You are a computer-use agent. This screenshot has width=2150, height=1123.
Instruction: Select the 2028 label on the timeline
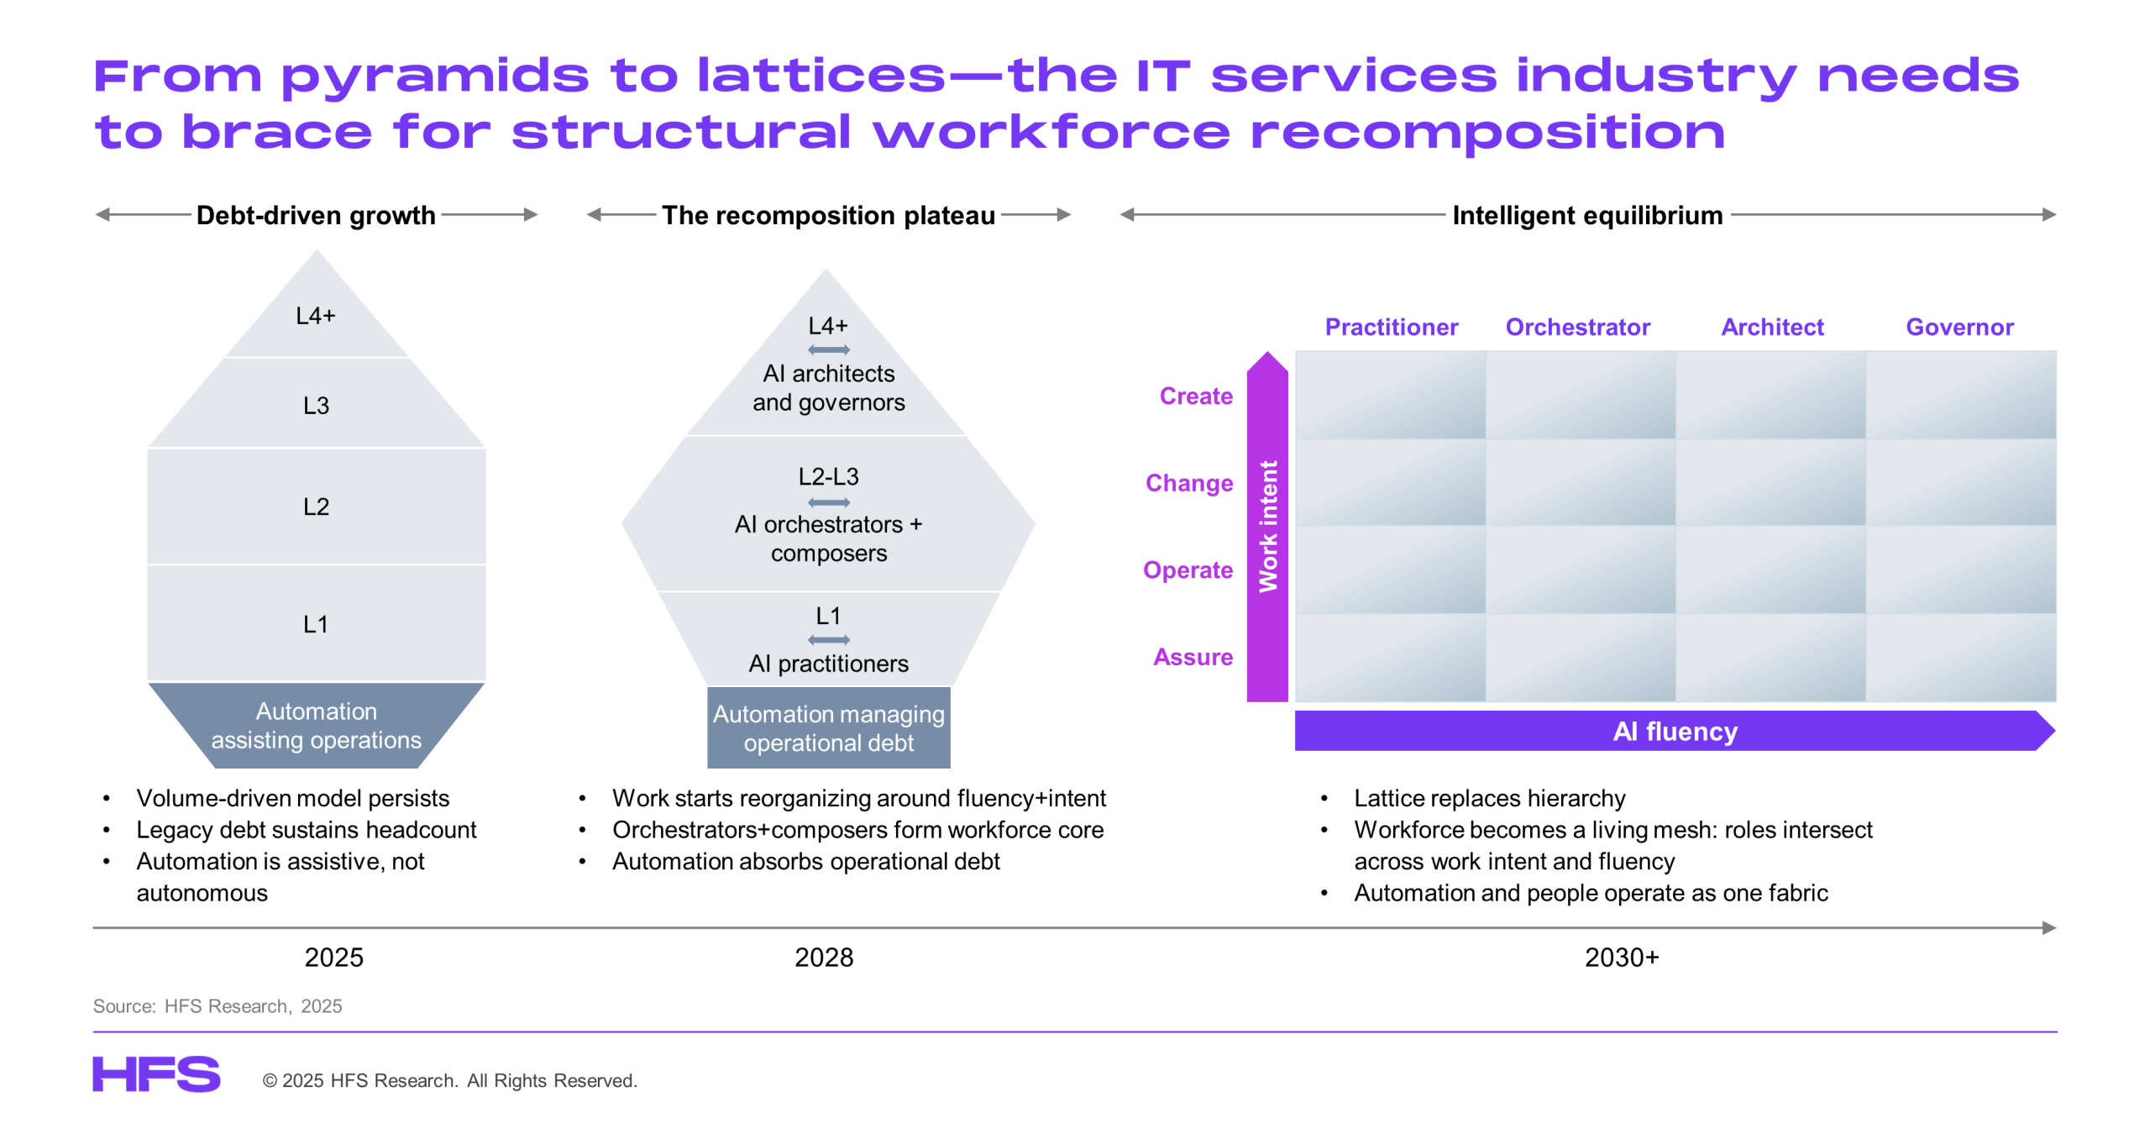[x=823, y=957]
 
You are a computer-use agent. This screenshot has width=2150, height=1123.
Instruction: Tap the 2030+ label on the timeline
[x=1621, y=957]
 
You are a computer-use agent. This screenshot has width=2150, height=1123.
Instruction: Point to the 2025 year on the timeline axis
[x=333, y=957]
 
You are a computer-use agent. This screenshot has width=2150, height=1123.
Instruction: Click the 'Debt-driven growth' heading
[x=316, y=215]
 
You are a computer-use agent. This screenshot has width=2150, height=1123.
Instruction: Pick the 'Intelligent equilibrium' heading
[x=1586, y=215]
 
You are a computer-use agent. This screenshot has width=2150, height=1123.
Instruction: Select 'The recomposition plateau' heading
[x=828, y=215]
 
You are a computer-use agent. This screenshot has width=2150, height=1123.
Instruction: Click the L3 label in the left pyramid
[x=316, y=406]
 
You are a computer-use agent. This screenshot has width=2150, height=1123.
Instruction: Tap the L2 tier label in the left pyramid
[x=316, y=506]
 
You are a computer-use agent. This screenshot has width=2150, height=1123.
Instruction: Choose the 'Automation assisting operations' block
[x=316, y=725]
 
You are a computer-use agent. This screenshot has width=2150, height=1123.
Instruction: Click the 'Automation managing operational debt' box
[x=828, y=727]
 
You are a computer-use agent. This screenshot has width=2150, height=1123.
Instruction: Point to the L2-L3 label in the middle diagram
[x=828, y=476]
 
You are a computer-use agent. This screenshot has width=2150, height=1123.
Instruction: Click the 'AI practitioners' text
[x=828, y=664]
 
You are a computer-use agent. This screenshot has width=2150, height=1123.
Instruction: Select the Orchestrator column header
[x=1577, y=327]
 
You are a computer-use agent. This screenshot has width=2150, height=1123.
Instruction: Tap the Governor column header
[x=1959, y=327]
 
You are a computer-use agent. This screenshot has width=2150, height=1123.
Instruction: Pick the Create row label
[x=1196, y=396]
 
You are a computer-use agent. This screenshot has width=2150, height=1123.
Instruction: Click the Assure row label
[x=1193, y=657]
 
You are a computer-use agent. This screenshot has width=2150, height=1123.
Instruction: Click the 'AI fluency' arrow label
[x=1675, y=731]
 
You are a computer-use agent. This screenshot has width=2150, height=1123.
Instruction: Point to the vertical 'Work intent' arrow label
[x=1267, y=527]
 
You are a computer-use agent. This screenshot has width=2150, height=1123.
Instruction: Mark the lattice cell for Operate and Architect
[x=1770, y=569]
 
